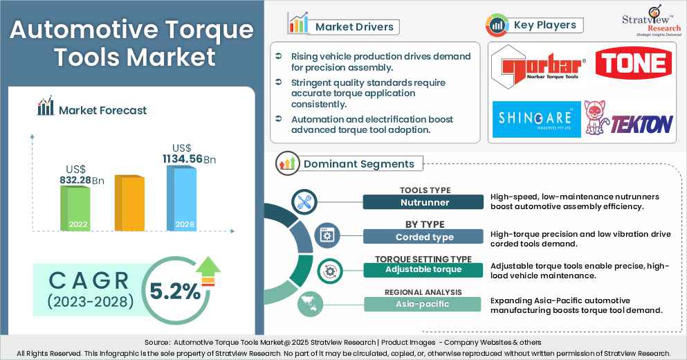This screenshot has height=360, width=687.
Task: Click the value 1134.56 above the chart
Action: [183, 159]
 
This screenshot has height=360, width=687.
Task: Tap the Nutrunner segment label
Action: [423, 202]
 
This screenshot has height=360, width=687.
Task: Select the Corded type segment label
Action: [423, 237]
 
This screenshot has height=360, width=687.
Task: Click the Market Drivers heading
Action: [354, 27]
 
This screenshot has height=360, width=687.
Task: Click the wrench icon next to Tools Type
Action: [304, 201]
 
